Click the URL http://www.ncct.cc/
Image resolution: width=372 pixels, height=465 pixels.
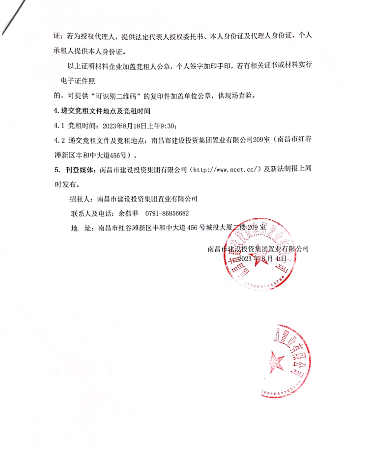coord(224,170)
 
